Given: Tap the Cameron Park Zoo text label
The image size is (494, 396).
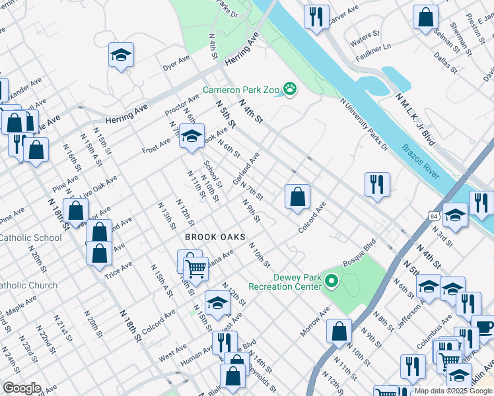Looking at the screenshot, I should pos(242,90).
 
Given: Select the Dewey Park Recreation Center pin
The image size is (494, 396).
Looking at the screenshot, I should pos(332,282).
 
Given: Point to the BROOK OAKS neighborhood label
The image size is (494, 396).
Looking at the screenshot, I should pos(215,237).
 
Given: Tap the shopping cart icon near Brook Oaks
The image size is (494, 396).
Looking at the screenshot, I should pos(195,269).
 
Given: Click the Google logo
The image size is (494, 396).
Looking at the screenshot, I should pos(22,388).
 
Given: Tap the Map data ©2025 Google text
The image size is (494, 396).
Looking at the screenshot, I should pos(454,391).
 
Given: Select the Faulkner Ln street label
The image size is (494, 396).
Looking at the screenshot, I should pos(370,48).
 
